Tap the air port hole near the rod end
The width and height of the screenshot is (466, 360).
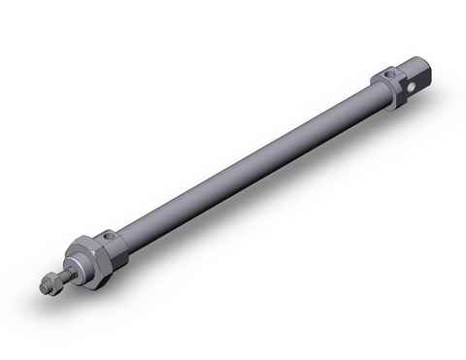click(110, 236)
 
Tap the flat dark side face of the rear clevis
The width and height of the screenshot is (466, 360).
click(415, 84)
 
